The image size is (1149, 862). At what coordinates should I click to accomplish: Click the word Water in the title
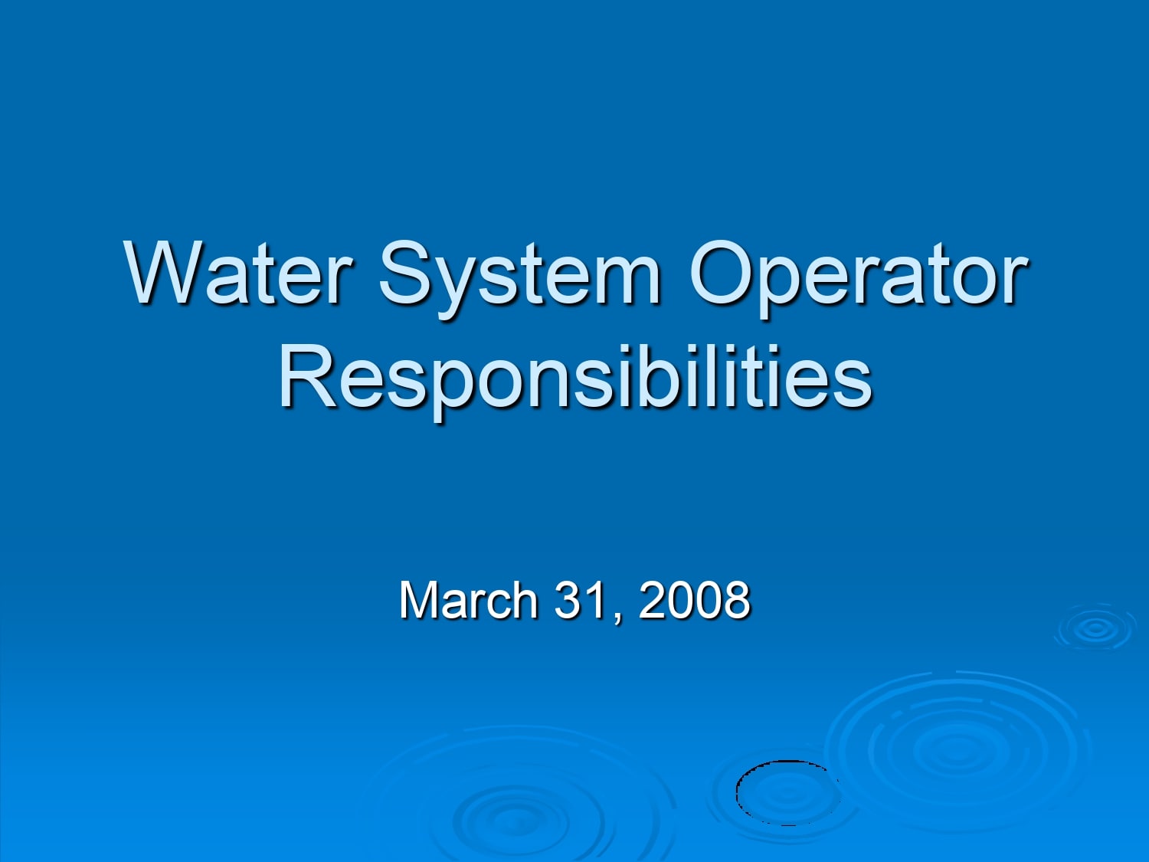[238, 273]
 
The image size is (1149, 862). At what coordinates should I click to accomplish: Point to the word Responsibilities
[574, 377]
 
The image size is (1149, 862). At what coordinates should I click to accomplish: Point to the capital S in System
[408, 273]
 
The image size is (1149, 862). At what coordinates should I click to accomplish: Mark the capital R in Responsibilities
[304, 376]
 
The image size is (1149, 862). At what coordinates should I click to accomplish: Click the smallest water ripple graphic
[1095, 629]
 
